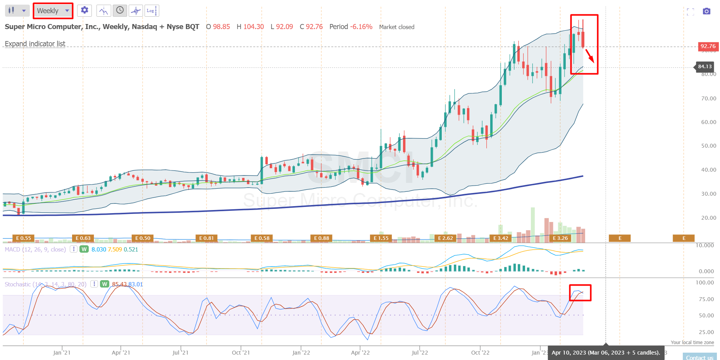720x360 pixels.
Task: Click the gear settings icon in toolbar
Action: coord(84,10)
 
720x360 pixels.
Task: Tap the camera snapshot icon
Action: coord(706,11)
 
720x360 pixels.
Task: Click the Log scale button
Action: coord(152,10)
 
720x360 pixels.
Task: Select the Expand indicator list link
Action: coord(35,44)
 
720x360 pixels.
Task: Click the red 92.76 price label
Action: coord(708,46)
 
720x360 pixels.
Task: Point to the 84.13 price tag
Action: coord(704,67)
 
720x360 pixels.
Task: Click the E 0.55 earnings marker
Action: coord(23,238)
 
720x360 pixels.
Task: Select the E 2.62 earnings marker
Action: coord(445,238)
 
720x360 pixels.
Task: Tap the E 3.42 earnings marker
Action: coord(500,238)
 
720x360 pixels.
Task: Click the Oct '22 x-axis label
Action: coord(480,353)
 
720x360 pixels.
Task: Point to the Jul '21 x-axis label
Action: coord(180,353)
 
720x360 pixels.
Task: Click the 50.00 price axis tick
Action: coord(708,146)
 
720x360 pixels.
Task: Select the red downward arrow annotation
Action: coord(589,56)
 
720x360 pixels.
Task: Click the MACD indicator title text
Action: coord(35,250)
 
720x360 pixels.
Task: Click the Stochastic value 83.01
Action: coord(136,284)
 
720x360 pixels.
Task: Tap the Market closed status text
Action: coord(396,27)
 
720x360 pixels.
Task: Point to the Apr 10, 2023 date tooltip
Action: coord(606,353)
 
